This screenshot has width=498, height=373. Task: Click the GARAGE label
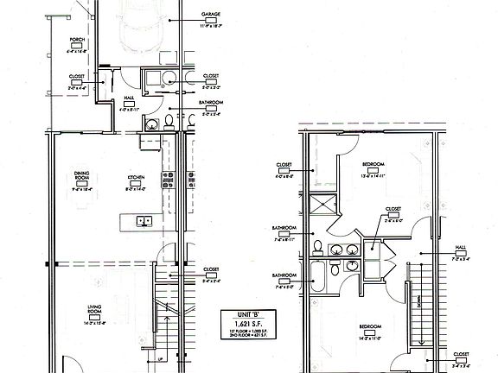point(208,15)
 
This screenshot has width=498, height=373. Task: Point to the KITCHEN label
point(137,177)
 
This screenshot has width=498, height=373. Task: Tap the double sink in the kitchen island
point(144,221)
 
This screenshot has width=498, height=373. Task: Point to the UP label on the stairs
point(160,359)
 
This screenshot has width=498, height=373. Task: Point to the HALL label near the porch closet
point(128,98)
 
